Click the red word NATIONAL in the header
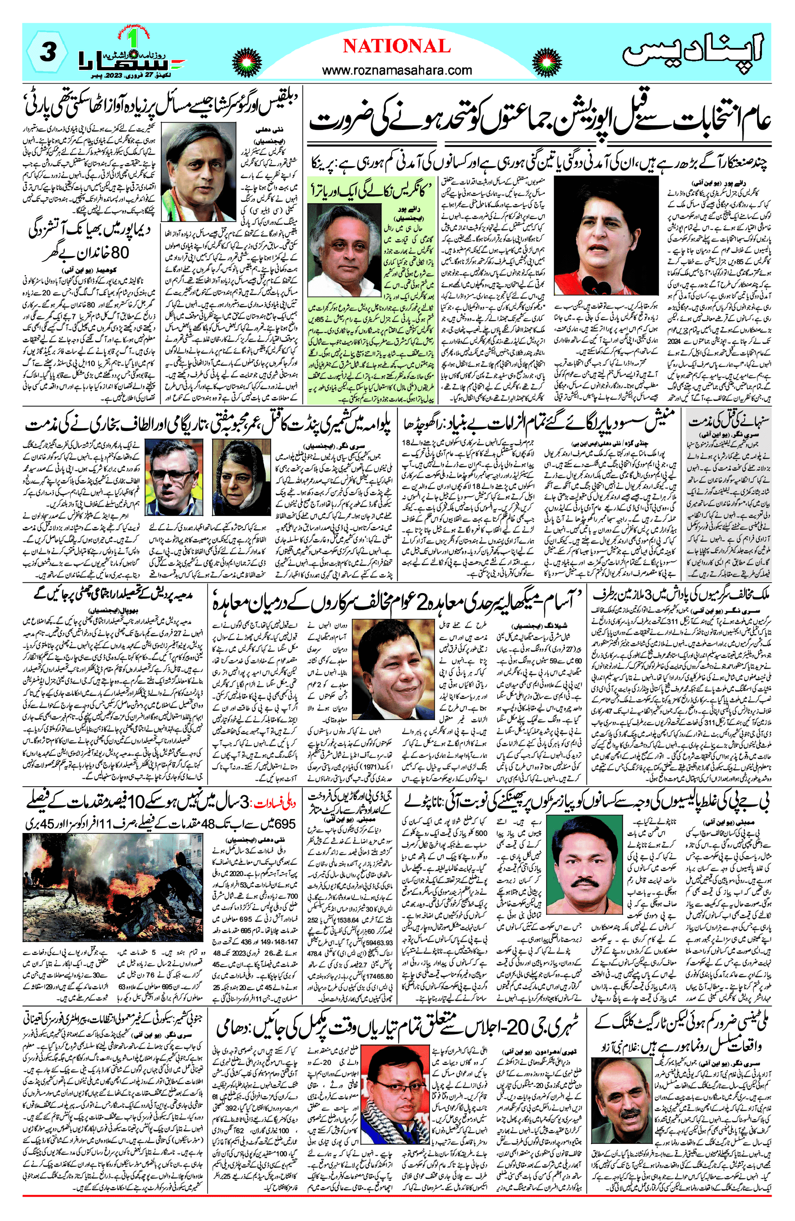[x=397, y=46]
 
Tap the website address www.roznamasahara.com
[x=397, y=70]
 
